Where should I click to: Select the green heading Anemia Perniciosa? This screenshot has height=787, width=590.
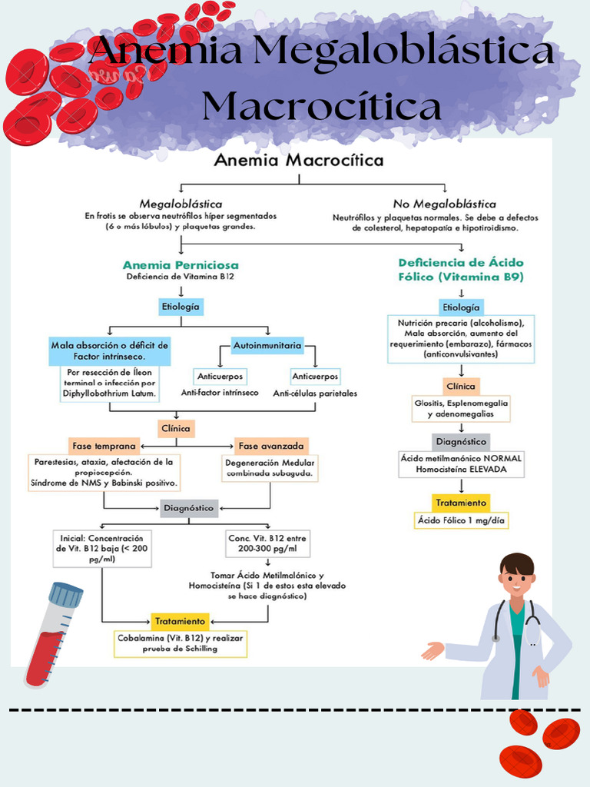coord(181,264)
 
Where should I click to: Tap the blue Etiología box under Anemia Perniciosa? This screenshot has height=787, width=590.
coord(181,307)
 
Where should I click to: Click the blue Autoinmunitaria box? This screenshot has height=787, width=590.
coord(267,346)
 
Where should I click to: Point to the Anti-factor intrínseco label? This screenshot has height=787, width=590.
coord(220,393)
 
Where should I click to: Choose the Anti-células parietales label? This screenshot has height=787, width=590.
coord(315,393)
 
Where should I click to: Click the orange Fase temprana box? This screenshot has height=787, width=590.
coord(104,446)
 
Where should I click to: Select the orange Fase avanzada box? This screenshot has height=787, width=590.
coord(271,446)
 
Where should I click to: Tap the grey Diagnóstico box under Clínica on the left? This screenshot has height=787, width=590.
coord(189,507)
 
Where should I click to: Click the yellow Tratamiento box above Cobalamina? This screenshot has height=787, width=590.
coord(180,620)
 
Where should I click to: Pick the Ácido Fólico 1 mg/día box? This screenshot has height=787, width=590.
coord(461,520)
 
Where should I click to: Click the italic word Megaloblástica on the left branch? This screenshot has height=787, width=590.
coord(181,204)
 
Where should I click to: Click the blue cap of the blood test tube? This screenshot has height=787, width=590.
coord(66,593)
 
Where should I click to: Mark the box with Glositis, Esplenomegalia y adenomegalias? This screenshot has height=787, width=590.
coord(461,408)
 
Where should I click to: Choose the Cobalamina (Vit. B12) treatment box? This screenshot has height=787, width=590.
coord(181,643)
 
